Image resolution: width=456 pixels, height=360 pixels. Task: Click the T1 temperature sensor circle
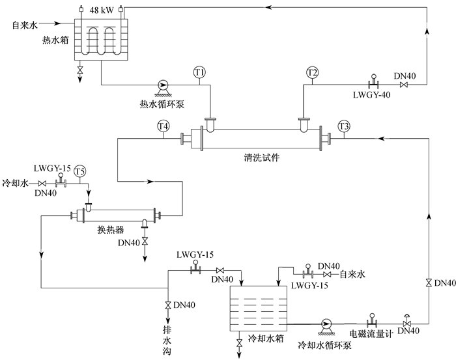pyautogui.click(x=199, y=72)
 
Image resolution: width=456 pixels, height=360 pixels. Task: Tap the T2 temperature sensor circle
pyautogui.click(x=312, y=72)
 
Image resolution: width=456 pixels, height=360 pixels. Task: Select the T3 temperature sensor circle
pyautogui.click(x=344, y=126)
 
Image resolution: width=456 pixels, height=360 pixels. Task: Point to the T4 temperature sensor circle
pyautogui.click(x=163, y=126)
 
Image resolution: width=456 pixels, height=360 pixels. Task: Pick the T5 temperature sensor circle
pyautogui.click(x=79, y=171)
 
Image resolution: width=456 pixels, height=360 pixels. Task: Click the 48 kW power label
pyautogui.click(x=102, y=10)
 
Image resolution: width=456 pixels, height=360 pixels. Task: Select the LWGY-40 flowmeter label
pyautogui.click(x=372, y=95)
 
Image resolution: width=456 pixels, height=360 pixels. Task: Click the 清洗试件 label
pyautogui.click(x=262, y=158)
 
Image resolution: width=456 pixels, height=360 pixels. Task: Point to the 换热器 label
pyautogui.click(x=111, y=230)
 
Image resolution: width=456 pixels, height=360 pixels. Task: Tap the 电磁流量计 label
pyautogui.click(x=371, y=334)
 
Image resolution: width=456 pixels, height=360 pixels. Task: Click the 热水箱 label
pyautogui.click(x=55, y=40)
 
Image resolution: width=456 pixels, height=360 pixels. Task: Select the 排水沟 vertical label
pyautogui.click(x=167, y=340)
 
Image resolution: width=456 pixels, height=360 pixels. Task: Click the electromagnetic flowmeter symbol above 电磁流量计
pyautogui.click(x=372, y=320)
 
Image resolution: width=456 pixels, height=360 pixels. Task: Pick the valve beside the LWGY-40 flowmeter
pyautogui.click(x=404, y=85)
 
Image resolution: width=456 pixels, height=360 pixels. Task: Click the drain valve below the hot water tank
pyautogui.click(x=79, y=70)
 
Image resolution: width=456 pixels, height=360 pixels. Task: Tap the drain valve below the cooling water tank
pyautogui.click(x=239, y=343)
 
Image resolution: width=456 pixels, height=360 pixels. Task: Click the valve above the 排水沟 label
pyautogui.click(x=168, y=305)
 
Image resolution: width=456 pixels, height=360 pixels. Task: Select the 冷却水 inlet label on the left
pyautogui.click(x=16, y=184)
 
